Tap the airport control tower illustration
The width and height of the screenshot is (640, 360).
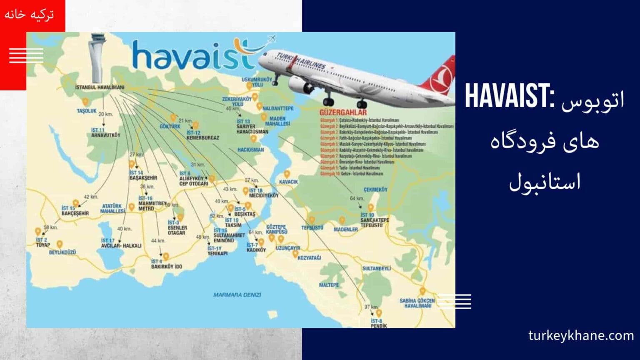tap(96, 58)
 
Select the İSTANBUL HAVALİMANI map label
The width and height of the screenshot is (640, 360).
tap(100, 87)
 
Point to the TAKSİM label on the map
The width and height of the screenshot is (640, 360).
tap(233, 225)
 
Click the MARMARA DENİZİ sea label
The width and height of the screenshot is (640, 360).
tap(237, 295)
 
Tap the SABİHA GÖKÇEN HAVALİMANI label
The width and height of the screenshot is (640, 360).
tap(417, 303)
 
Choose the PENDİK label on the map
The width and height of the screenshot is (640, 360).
tap(379, 326)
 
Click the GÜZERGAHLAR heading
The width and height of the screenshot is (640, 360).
tap(343, 112)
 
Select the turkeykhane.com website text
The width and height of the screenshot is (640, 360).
tap(581, 335)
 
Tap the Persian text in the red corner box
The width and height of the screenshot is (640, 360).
tap(29, 14)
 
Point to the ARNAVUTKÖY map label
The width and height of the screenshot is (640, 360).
tap(105, 135)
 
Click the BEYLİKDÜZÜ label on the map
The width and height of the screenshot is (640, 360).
tap(62, 252)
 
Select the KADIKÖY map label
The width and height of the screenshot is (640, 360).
tap(256, 250)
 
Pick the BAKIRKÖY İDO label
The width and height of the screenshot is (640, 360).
tap(167, 266)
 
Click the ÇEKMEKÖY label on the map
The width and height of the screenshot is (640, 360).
tap(375, 190)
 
